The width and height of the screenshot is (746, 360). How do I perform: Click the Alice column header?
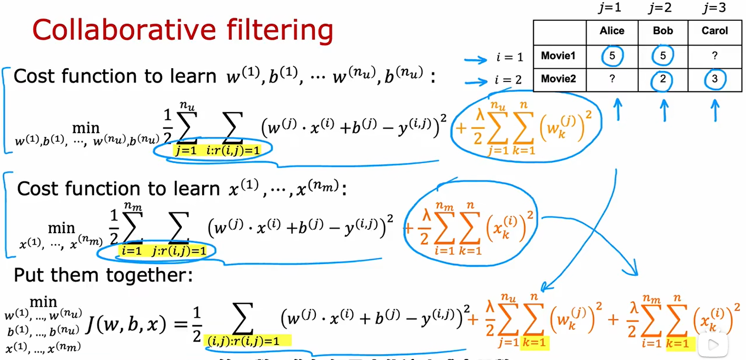612,31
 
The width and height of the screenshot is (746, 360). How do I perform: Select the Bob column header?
663,31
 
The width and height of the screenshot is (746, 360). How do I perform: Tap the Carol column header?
715,31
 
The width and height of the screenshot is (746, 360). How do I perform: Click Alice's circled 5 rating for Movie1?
612,56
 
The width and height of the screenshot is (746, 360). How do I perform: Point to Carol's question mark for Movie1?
715,56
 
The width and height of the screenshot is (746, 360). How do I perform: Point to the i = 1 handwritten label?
509,57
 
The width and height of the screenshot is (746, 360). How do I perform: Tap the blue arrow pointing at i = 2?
477,82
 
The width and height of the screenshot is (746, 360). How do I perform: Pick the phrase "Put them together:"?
103,275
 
